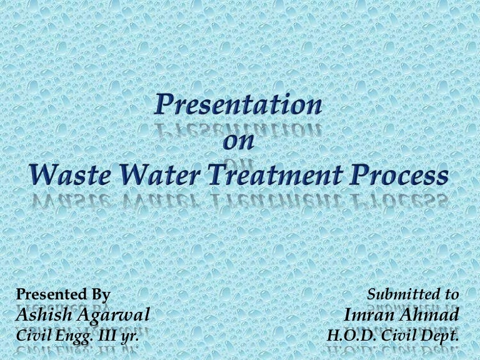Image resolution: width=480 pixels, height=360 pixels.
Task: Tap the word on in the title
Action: [239, 142]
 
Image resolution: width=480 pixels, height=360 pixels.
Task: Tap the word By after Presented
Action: [99, 294]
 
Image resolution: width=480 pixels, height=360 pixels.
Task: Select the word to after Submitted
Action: [452, 294]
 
